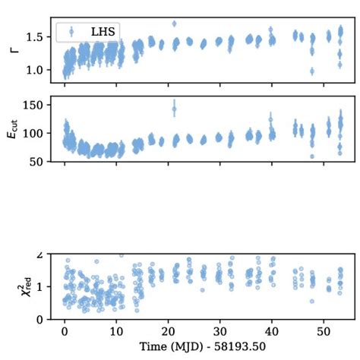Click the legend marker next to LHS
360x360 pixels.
click(x=71, y=31)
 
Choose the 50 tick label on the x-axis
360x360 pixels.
click(x=324, y=332)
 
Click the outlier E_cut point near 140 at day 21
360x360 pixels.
click(x=174, y=109)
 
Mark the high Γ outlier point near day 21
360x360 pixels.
click(x=174, y=24)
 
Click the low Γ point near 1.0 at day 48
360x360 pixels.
click(x=311, y=71)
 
